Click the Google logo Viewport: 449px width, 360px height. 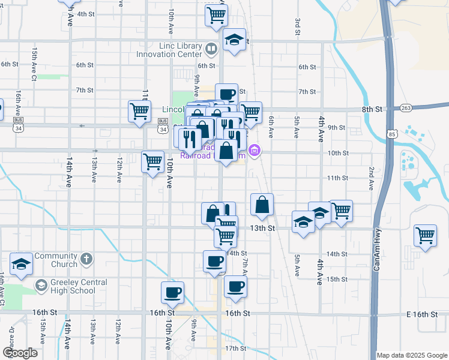tap(19, 353)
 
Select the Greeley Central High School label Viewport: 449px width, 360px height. tap(71, 286)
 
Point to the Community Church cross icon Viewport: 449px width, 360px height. tap(86, 260)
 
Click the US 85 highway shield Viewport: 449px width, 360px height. tap(392, 131)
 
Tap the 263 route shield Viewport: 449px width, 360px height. tap(406, 108)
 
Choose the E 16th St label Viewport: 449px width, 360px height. tap(424, 314)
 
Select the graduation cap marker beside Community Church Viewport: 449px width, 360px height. tap(21, 265)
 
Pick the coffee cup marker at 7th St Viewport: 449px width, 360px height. tap(227, 94)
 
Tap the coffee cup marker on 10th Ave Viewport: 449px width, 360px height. tap(172, 293)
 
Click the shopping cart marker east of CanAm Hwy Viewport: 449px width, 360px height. tap(425, 235)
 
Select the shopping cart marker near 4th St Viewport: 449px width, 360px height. tap(216, 16)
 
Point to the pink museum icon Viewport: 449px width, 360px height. tap(255, 150)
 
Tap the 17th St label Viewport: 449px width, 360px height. tap(235, 348)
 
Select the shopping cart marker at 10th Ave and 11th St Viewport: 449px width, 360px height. tap(152, 161)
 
